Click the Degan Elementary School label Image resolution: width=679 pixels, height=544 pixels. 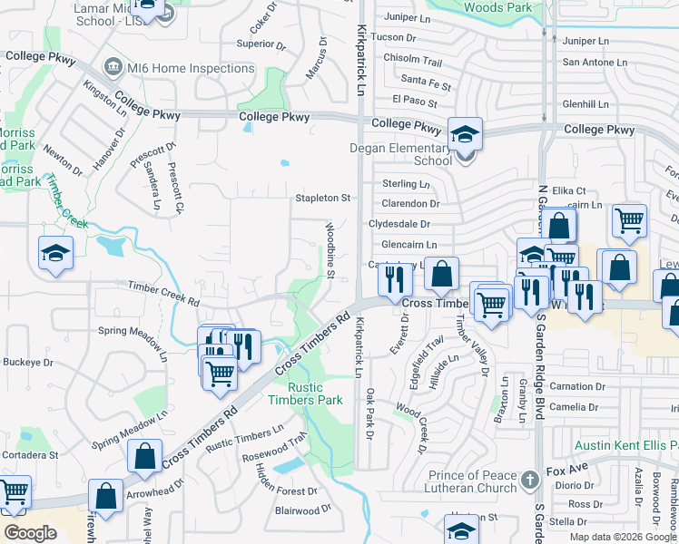[400, 154]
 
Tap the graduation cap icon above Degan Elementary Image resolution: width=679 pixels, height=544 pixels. [465, 134]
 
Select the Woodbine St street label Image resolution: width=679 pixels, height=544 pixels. [331, 249]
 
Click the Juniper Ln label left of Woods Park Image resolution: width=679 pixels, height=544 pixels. [408, 17]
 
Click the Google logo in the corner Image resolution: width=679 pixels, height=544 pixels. [31, 533]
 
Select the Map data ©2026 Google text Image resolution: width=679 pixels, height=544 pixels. [623, 536]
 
